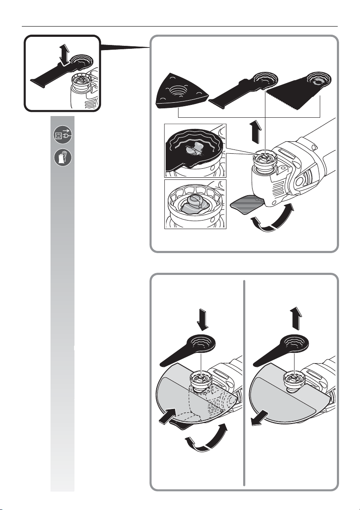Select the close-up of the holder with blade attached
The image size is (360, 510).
[195, 150]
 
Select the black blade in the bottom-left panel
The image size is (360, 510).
[188, 349]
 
